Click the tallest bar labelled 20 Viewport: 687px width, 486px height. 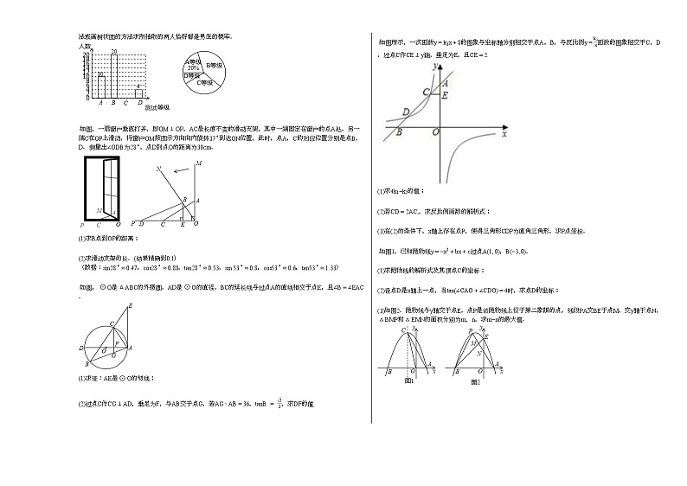coord(114,76)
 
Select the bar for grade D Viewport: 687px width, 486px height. coord(139,93)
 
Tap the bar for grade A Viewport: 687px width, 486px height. coord(101,86)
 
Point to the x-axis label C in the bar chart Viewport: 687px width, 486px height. coord(126,104)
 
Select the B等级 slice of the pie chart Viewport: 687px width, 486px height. coord(214,65)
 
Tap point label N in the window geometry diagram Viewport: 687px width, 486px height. coord(158,169)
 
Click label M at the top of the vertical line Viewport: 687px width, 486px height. coord(199,163)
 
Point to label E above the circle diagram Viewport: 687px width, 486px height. coord(131,305)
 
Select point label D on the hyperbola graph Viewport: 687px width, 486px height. coord(406,112)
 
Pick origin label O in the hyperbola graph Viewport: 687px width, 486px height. coord(435,132)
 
